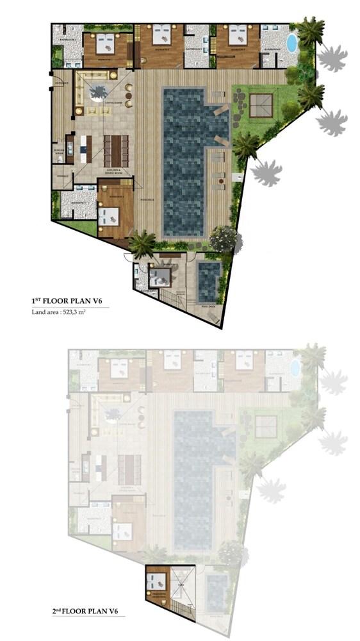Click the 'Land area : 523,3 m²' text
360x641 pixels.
click(63, 313)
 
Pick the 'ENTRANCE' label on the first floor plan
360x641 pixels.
click(61, 84)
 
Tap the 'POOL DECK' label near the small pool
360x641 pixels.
click(209, 308)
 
